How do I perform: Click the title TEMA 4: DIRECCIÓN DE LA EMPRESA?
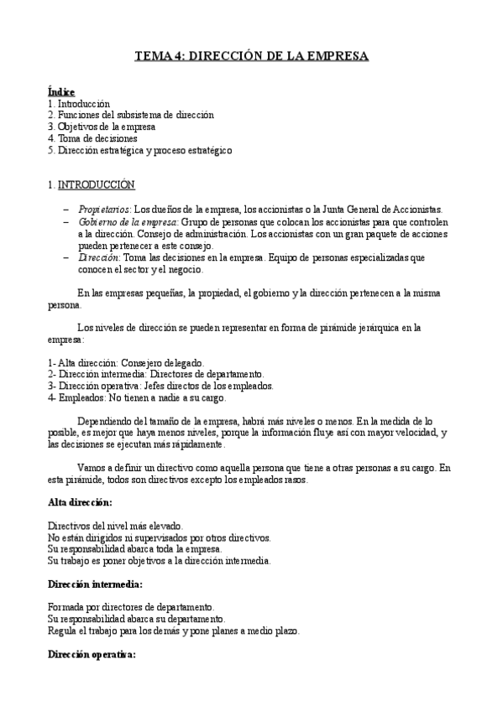click(x=252, y=57)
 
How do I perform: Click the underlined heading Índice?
click(x=61, y=91)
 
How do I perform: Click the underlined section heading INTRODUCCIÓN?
click(x=95, y=184)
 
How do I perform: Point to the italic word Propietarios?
click(x=105, y=209)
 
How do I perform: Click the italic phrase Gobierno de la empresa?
click(x=128, y=222)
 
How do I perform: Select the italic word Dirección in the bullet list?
click(x=99, y=258)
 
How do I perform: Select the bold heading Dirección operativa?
click(x=92, y=653)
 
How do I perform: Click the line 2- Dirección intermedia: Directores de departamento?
click(x=156, y=373)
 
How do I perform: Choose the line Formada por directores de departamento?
click(x=130, y=606)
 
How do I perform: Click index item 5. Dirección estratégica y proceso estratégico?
click(x=139, y=150)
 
